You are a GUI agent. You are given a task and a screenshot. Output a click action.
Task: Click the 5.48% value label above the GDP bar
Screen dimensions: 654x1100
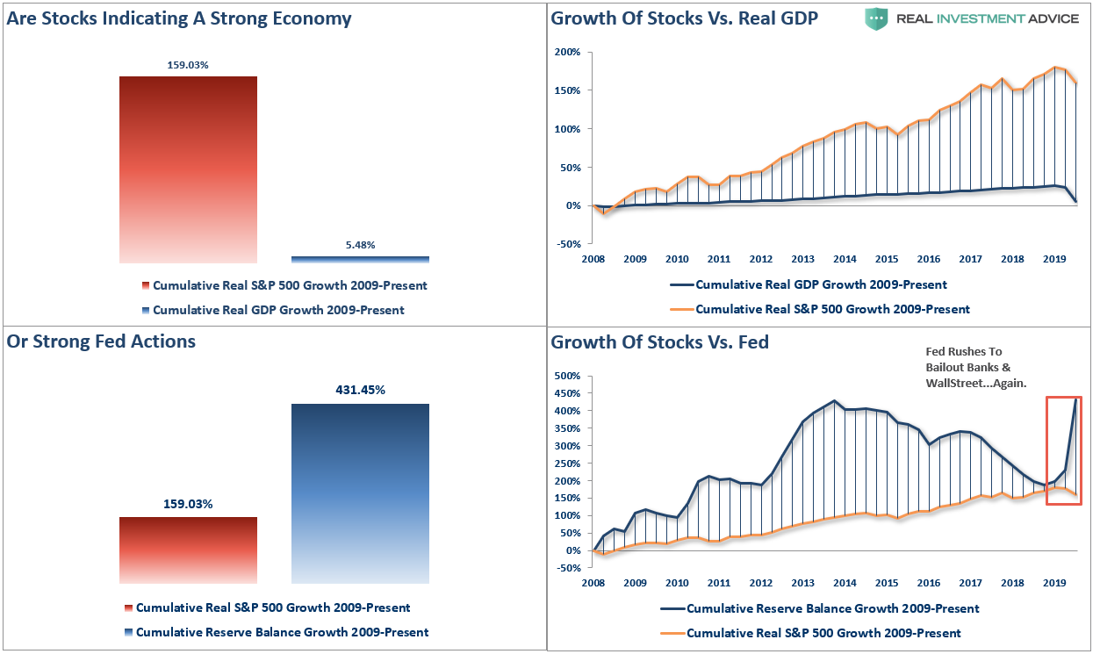[x=360, y=245]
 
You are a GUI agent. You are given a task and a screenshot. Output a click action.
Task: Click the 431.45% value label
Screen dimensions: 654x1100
[x=360, y=390]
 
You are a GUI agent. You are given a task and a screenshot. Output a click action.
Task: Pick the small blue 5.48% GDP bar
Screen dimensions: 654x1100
[x=360, y=259]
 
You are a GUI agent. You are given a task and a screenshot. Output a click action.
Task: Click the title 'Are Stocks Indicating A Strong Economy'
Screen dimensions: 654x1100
[x=179, y=18]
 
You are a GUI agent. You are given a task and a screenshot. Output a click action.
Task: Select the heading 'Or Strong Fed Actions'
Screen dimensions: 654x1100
[x=101, y=341]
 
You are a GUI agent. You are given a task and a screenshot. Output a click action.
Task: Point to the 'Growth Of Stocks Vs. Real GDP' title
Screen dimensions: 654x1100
[x=685, y=18]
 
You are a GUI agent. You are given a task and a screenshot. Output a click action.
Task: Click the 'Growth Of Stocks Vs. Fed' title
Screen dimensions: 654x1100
[x=659, y=342]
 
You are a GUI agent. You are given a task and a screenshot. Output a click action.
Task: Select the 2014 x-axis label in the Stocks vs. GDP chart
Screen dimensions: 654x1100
[x=845, y=260]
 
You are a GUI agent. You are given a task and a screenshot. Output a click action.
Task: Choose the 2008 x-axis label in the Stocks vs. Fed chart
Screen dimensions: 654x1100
[x=593, y=583]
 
